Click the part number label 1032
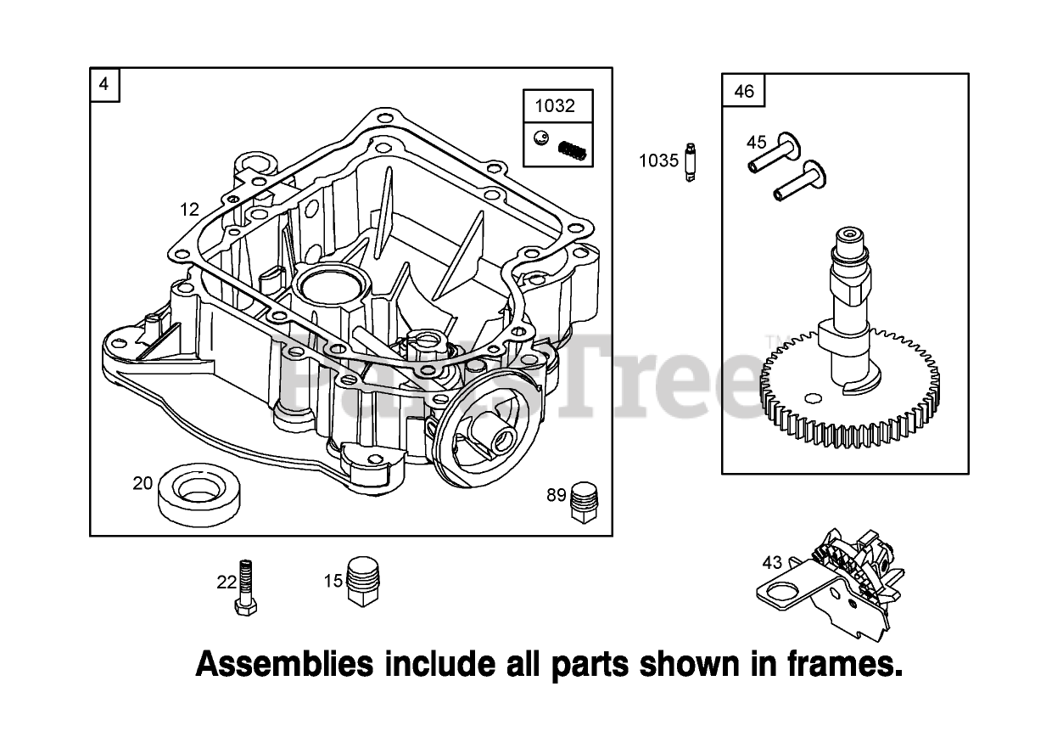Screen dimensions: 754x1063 [554, 106]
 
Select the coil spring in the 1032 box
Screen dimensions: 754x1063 [573, 152]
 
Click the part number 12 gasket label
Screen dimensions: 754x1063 [189, 209]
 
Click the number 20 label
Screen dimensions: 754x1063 [143, 484]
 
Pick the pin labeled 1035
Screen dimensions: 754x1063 [690, 161]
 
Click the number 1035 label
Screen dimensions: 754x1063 [658, 160]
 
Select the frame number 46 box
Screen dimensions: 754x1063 [743, 91]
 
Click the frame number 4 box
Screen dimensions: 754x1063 [104, 84]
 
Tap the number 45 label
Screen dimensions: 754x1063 [756, 142]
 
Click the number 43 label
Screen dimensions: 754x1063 [771, 562]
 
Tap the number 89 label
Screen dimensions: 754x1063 [556, 495]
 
